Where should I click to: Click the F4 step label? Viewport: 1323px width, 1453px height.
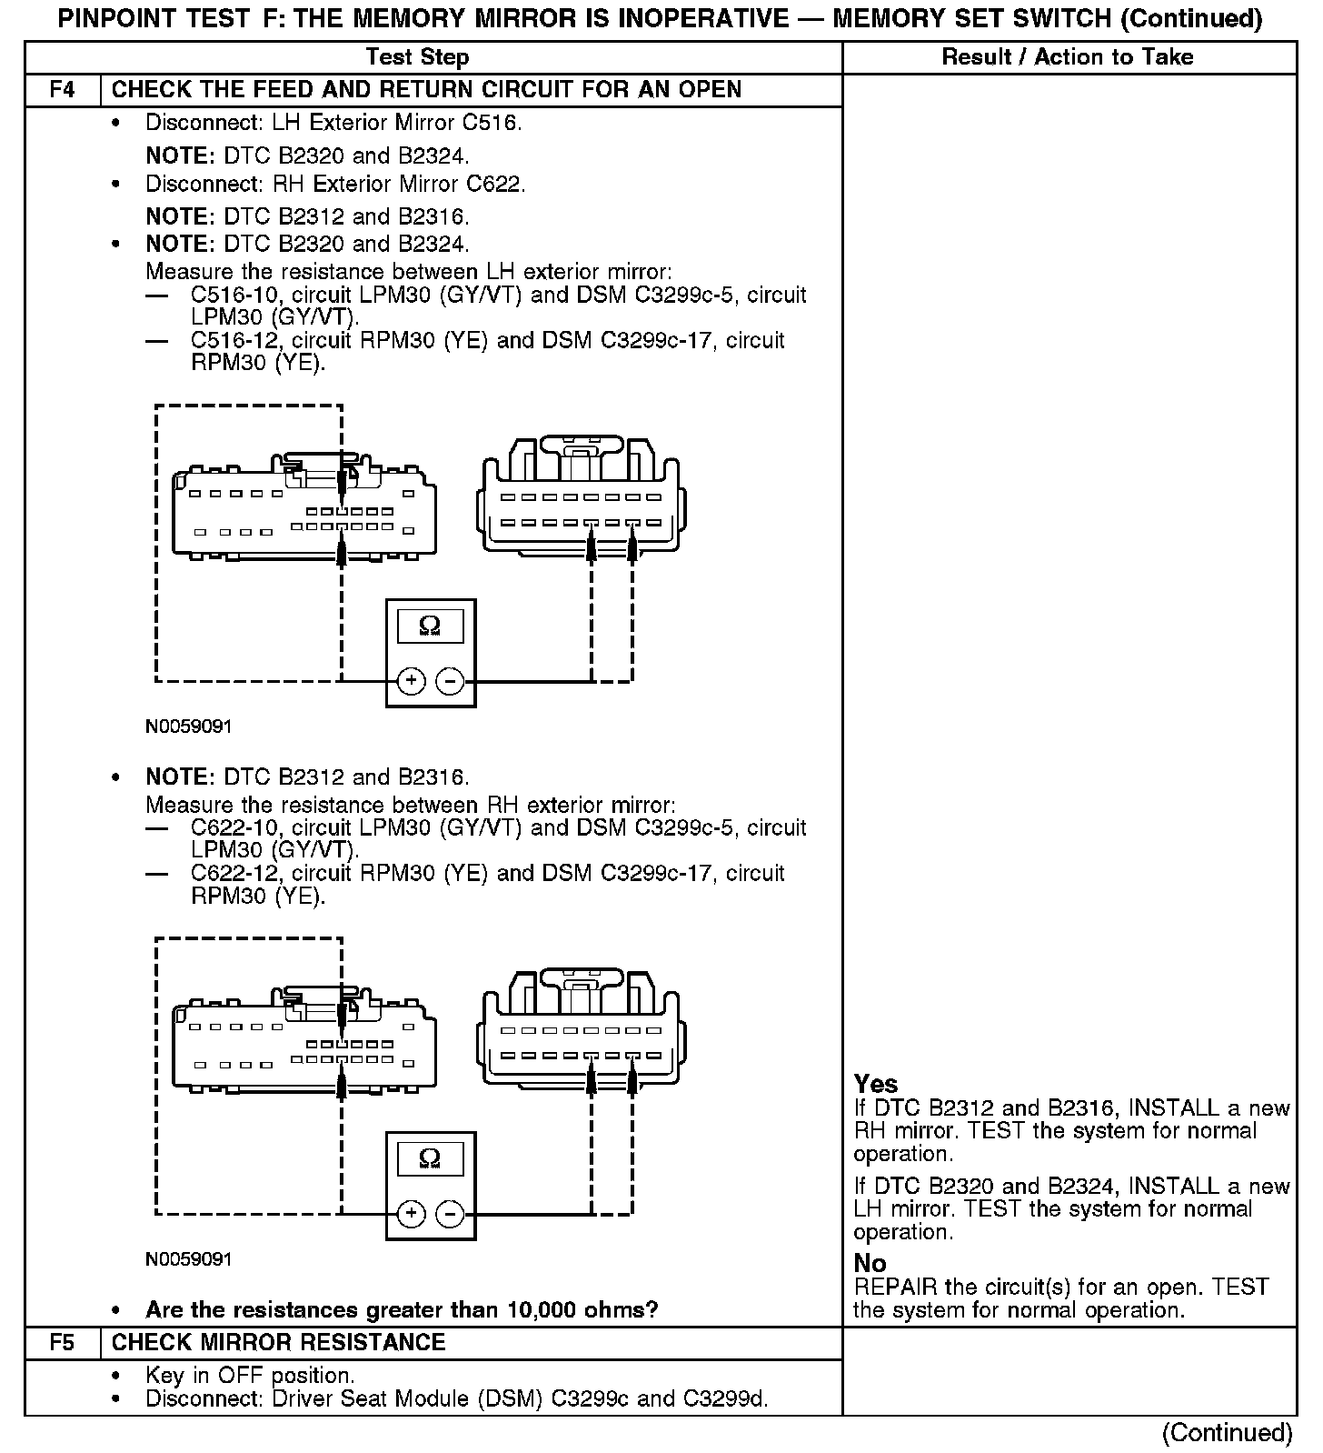pyautogui.click(x=62, y=90)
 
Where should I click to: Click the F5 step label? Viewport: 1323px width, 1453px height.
pyautogui.click(x=62, y=1343)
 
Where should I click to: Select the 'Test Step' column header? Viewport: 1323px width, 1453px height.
pyautogui.click(x=417, y=57)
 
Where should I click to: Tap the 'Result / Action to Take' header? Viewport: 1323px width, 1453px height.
pyautogui.click(x=1067, y=57)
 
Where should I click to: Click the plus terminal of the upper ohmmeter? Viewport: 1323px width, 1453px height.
pyautogui.click(x=412, y=681)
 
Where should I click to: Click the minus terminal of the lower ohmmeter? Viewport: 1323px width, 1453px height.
pyautogui.click(x=450, y=1214)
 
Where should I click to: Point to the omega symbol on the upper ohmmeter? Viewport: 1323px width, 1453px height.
pyautogui.click(x=430, y=626)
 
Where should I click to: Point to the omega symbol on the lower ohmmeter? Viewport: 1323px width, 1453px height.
pyautogui.click(x=430, y=1158)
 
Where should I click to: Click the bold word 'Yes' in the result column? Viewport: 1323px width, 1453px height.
pyautogui.click(x=876, y=1084)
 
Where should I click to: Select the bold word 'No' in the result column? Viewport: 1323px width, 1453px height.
pyautogui.click(x=870, y=1263)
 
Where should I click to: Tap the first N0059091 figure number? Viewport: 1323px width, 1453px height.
pyautogui.click(x=188, y=727)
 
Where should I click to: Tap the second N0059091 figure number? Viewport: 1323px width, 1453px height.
pyautogui.click(x=188, y=1259)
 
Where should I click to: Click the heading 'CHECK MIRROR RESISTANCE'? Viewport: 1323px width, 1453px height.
pyautogui.click(x=278, y=1343)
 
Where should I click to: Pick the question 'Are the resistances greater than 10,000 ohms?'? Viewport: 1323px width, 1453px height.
pyautogui.click(x=402, y=1310)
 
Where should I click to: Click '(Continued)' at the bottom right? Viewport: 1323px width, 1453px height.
pyautogui.click(x=1227, y=1433)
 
